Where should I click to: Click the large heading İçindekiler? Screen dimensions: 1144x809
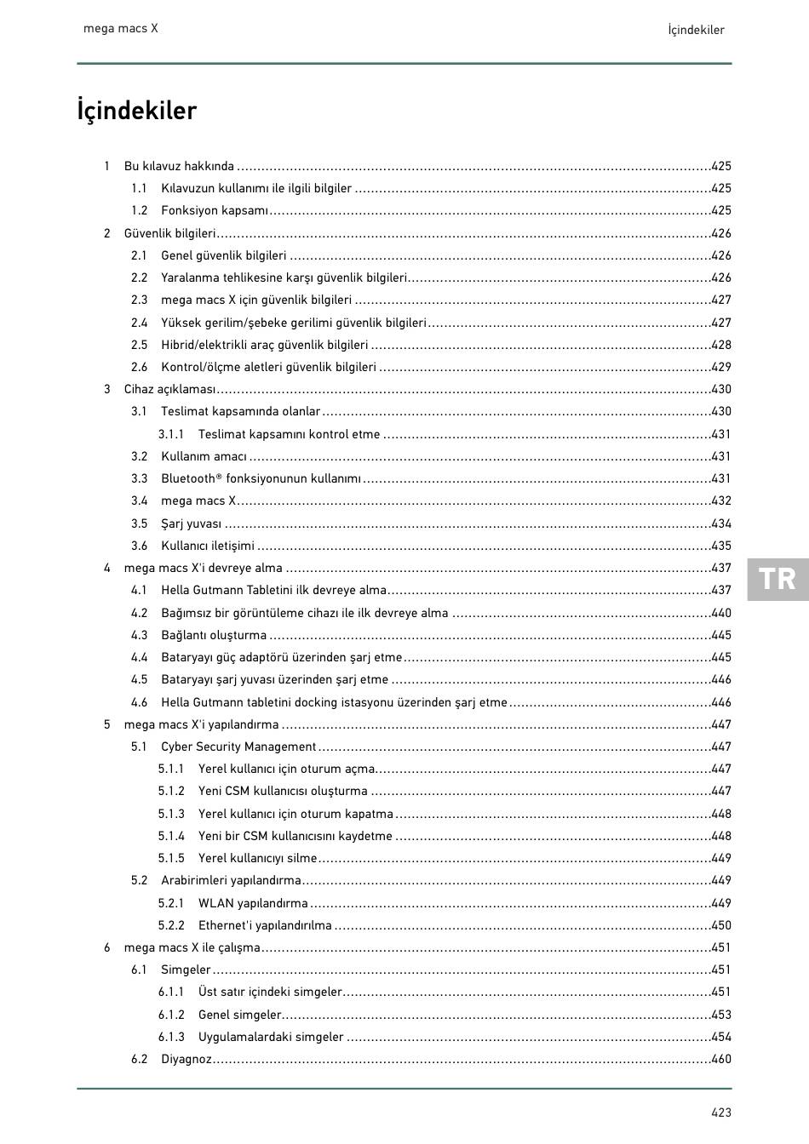pos(136,111)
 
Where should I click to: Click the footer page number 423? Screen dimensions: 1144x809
pos(721,1112)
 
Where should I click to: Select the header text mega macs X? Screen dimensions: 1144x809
pos(120,28)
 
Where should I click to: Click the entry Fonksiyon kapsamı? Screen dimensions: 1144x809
pos(215,210)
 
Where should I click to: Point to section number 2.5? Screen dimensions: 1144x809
pos(139,345)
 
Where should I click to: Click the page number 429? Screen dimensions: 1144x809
pos(721,367)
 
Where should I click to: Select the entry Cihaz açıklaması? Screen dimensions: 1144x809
pos(169,389)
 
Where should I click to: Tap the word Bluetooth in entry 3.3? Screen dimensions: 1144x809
pos(188,478)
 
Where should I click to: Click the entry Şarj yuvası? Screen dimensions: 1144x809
pos(191,523)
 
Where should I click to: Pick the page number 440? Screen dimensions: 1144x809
pos(721,613)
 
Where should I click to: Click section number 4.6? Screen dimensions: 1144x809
pos(139,702)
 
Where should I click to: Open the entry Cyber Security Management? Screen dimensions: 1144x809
pos(238,746)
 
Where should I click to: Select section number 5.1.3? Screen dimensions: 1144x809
pos(171,814)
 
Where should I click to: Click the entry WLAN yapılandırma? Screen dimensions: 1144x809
pos(253,903)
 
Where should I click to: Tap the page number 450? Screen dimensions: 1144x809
pos(721,925)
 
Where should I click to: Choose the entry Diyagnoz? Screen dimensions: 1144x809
pos(186,1059)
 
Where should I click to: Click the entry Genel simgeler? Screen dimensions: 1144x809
pos(239,1015)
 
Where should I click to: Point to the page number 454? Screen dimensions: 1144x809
pos(721,1037)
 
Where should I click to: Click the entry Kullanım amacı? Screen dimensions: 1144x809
pos(204,456)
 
